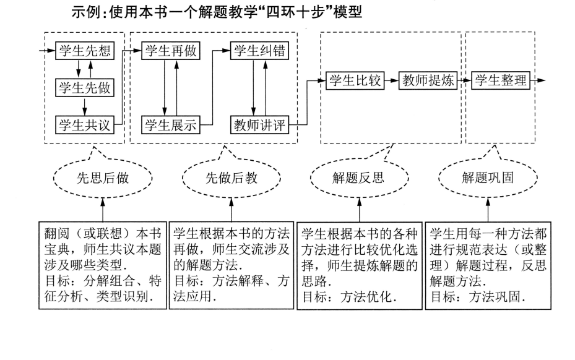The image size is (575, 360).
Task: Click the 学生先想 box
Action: point(85,51)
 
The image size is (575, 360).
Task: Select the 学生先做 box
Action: point(85,88)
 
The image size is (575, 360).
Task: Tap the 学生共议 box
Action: point(85,125)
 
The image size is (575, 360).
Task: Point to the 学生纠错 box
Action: point(259,51)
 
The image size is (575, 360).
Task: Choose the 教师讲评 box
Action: point(259,125)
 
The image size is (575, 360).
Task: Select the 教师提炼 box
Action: point(428,81)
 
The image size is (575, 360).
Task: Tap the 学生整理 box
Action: point(502,81)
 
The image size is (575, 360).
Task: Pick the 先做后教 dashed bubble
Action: point(231,178)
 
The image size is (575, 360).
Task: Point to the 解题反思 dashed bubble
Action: point(358,178)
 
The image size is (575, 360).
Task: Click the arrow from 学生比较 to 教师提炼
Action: point(392,81)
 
